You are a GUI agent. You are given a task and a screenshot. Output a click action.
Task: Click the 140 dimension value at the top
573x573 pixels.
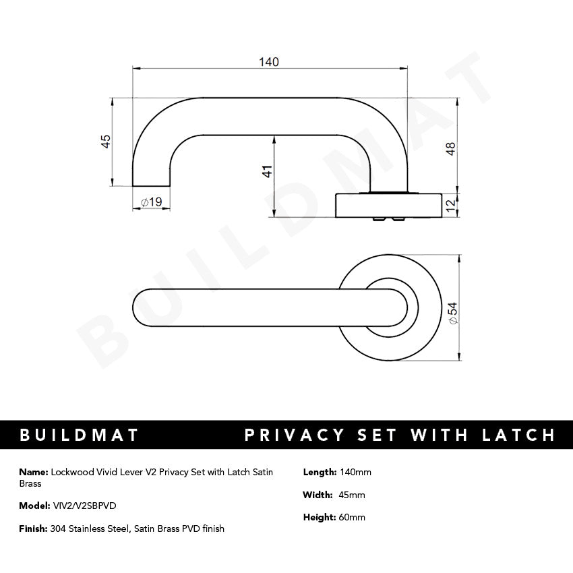[x=268, y=62]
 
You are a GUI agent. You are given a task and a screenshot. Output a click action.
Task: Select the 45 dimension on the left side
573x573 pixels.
[x=105, y=142]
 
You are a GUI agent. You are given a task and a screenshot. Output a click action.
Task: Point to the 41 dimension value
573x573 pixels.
[x=267, y=172]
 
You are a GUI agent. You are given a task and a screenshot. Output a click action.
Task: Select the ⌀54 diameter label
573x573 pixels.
[x=452, y=313]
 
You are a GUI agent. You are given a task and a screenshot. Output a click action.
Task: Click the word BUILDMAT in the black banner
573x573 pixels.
[x=80, y=435]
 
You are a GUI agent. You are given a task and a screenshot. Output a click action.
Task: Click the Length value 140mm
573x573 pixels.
[x=356, y=472]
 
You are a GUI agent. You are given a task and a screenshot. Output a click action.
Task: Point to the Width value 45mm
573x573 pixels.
[x=353, y=495]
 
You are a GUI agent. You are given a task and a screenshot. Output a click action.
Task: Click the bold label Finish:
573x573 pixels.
[x=34, y=529]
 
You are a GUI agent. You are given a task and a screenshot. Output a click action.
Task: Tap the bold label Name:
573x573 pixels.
[x=34, y=472]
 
